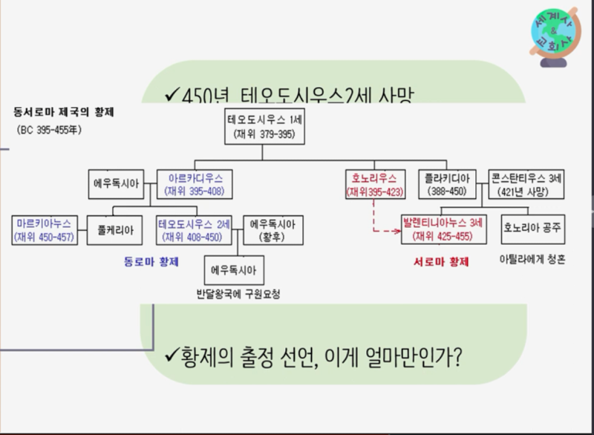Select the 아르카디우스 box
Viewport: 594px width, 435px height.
pyautogui.click(x=194, y=184)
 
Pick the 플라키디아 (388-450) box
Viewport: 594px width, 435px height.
pyautogui.click(x=447, y=184)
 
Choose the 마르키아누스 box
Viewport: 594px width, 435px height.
pyautogui.click(x=45, y=230)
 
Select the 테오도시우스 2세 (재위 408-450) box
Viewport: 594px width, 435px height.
pyautogui.click(x=194, y=230)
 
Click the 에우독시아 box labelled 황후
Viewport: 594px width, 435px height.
pyautogui.click(x=272, y=230)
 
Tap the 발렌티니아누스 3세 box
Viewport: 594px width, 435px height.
pyautogui.click(x=443, y=230)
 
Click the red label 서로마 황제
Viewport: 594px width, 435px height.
pyautogui.click(x=441, y=261)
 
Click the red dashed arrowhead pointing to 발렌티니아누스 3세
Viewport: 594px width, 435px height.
pyautogui.click(x=398, y=232)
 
